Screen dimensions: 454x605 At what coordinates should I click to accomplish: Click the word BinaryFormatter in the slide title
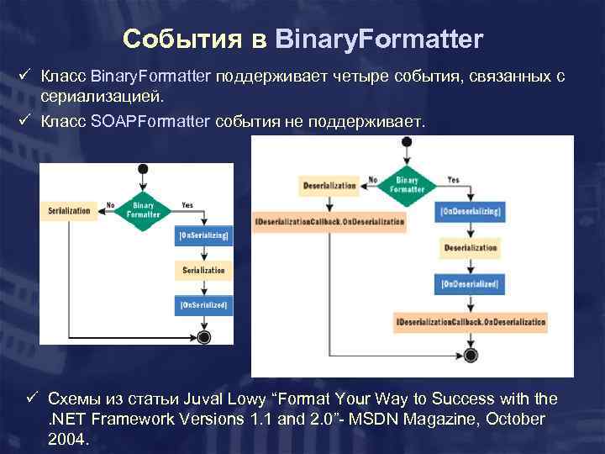[x=379, y=39]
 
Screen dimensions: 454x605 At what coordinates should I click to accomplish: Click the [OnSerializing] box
[x=203, y=237]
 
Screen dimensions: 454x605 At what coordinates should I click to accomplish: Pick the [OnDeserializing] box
[x=470, y=211]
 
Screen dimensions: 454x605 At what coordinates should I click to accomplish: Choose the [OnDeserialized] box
[x=470, y=285]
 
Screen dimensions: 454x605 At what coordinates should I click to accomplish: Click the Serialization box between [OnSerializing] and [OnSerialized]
[x=203, y=270]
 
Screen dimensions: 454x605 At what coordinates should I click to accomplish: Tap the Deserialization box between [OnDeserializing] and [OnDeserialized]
[x=470, y=248]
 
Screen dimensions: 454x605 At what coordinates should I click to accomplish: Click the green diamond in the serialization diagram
[x=143, y=209]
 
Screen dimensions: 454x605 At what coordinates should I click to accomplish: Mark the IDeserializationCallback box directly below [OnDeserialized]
[x=470, y=322]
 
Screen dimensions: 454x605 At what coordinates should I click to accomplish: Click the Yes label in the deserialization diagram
[x=453, y=179]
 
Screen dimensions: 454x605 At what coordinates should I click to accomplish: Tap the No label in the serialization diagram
[x=110, y=204]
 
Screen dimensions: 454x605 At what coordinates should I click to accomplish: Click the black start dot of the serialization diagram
[x=143, y=170]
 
